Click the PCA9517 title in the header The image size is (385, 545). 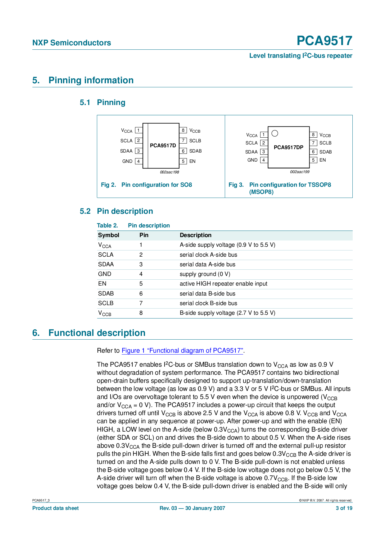tap(324, 41)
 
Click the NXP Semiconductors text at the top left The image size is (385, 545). tap(72, 43)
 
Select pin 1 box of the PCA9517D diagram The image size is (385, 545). tap(138, 131)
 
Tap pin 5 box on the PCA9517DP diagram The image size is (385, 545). tap(313, 160)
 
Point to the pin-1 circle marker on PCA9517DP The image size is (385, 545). tap(275, 134)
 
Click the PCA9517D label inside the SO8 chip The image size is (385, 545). tap(163, 145)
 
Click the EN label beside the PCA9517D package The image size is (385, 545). tap(192, 161)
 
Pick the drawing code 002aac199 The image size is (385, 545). tap(300, 172)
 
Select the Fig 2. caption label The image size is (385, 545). tap(108, 185)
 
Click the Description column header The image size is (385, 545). tap(196, 235)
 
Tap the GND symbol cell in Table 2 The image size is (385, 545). tap(105, 274)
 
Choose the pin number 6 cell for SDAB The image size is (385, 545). tap(141, 294)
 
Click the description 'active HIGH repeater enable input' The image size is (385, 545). tap(223, 284)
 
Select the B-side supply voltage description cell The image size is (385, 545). tap(227, 313)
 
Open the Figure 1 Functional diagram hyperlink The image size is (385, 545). tap(182, 350)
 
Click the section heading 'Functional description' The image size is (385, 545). tap(97, 333)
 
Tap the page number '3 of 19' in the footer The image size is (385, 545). tap(344, 508)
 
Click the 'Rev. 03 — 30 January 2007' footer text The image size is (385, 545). tap(192, 508)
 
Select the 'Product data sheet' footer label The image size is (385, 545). tap(56, 508)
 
